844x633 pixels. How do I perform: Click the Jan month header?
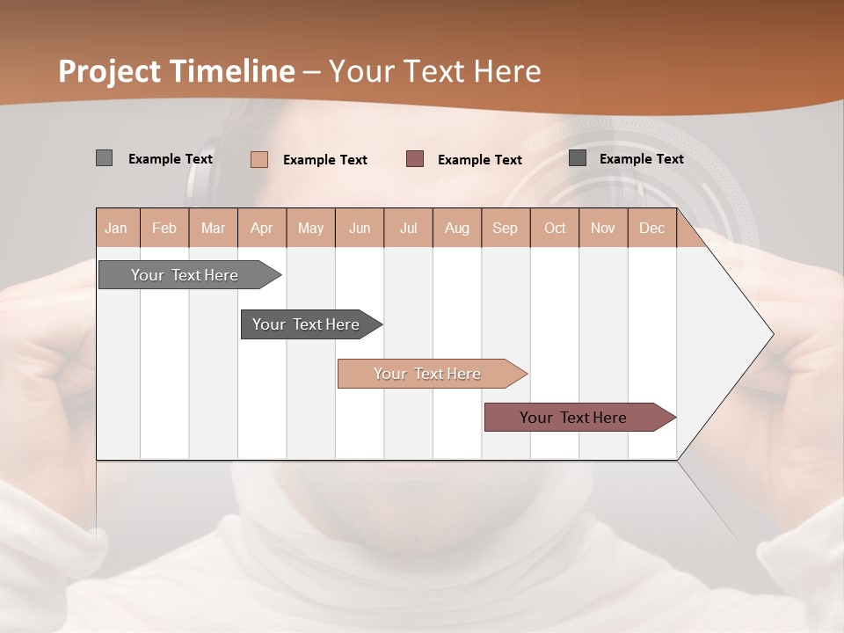point(116,228)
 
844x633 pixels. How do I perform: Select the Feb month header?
point(164,228)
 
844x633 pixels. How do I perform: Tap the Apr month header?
point(262,228)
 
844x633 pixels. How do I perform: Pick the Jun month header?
point(360,228)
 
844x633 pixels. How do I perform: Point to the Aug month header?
point(457,228)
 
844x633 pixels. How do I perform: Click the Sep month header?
point(505,228)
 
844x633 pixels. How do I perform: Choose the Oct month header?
point(555,228)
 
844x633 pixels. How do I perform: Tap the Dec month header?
point(652,228)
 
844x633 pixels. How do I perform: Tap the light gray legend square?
point(104,158)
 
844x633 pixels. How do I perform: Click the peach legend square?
point(258,159)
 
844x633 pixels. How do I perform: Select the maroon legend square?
point(415,159)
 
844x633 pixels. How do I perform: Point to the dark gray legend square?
point(578,158)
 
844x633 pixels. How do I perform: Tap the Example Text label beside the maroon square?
point(480,160)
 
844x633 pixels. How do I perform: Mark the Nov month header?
point(603,228)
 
